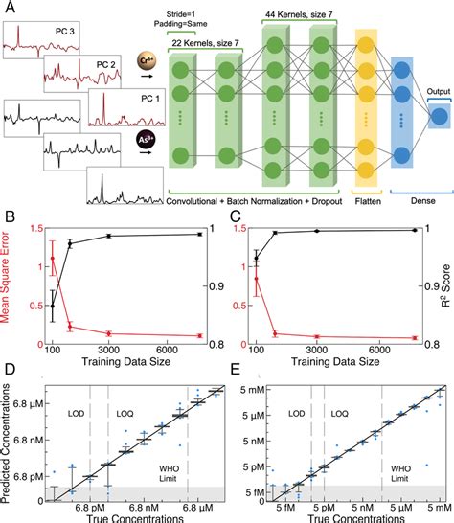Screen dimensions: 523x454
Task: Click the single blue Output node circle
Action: (439, 115)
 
